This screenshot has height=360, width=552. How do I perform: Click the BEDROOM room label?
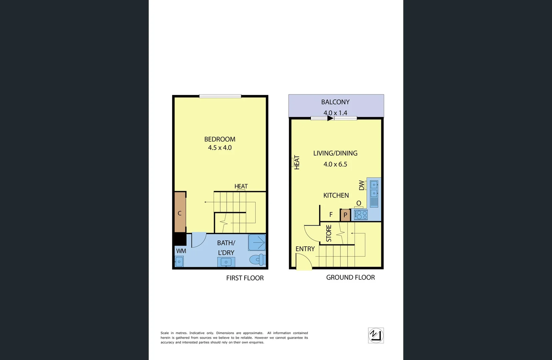tap(220, 139)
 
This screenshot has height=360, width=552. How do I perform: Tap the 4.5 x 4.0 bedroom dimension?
tap(220, 148)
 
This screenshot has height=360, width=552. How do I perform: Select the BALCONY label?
tap(335, 102)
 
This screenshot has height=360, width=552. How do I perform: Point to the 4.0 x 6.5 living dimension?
tap(335, 164)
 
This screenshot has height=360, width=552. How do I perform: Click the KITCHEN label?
tap(336, 195)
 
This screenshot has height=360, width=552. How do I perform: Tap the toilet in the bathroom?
tap(257, 259)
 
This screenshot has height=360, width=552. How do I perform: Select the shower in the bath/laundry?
tap(257, 242)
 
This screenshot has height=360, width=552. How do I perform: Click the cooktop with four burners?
tap(361, 215)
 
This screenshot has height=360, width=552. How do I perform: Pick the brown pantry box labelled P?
tap(345, 215)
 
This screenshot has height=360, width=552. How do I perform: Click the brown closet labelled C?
tap(180, 213)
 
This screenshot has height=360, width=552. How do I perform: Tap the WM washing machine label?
tap(181, 251)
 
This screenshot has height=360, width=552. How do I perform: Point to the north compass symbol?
tap(376, 335)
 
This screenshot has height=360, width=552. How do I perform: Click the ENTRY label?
tap(305, 249)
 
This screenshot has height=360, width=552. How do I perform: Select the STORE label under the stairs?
tap(329, 233)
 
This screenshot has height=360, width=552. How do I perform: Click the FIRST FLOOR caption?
tap(245, 278)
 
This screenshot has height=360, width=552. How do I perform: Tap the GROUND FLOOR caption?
tap(350, 277)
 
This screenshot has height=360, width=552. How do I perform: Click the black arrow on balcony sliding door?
tap(330, 118)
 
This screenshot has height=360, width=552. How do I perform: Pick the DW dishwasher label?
tap(362, 185)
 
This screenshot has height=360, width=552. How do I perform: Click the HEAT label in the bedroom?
tap(241, 186)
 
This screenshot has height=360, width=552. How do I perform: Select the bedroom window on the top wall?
tap(220, 96)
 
